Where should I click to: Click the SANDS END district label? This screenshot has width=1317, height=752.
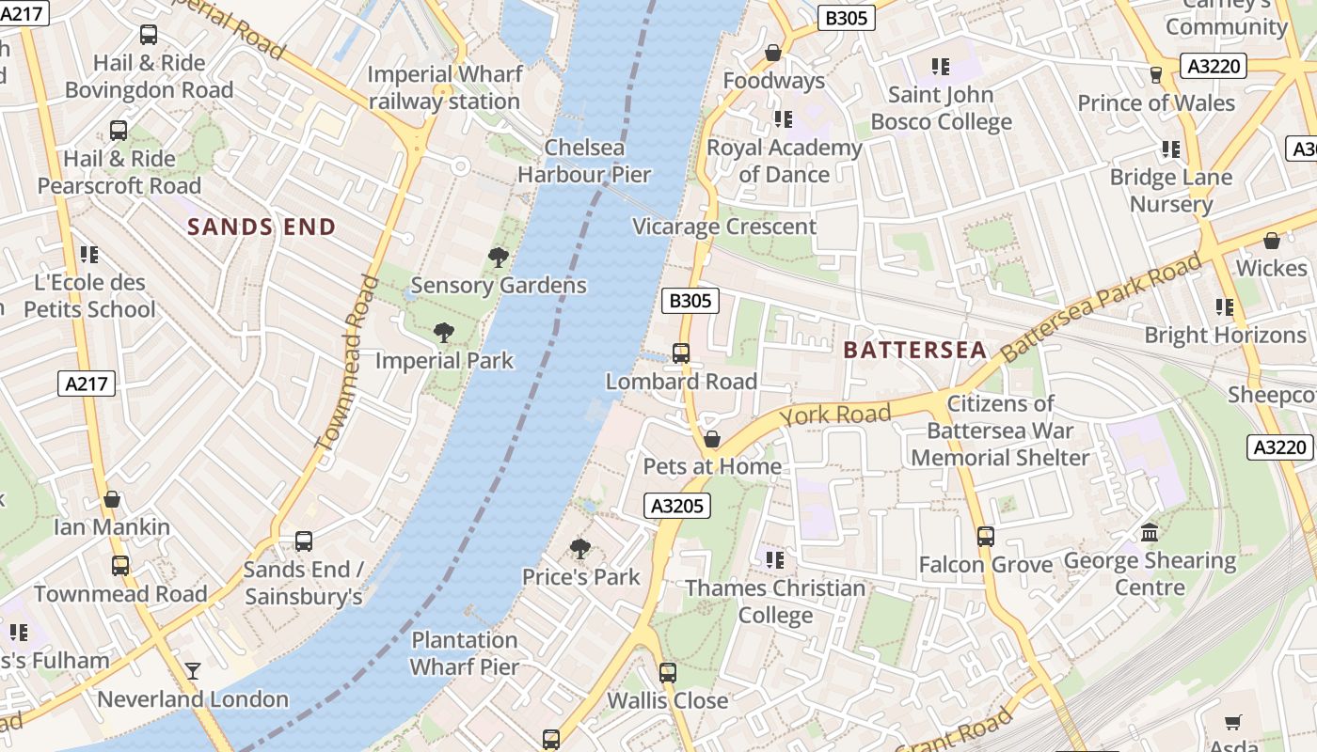point(261,227)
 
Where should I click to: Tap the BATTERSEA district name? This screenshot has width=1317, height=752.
point(914,351)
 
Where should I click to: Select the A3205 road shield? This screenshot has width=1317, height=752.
point(677,506)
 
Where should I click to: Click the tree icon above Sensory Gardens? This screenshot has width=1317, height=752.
point(499,258)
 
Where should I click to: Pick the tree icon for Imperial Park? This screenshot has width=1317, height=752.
point(443,332)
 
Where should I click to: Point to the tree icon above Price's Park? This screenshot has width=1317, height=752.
point(580,549)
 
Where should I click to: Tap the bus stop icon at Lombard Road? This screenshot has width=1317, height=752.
point(681,353)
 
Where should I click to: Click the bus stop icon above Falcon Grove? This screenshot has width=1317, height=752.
point(985,537)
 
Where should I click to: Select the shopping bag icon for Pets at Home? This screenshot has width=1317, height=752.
point(712,439)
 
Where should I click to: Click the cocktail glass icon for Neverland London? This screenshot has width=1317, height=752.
point(193,671)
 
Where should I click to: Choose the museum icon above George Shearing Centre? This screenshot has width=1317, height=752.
point(1150,533)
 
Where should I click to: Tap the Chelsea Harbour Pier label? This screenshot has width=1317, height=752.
point(584,161)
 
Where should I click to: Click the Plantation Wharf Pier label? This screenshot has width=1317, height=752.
point(465,653)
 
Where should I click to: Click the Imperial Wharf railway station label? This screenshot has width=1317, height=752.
point(444,87)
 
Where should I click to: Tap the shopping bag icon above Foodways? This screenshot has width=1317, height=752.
point(773,53)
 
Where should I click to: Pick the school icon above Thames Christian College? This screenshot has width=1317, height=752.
point(775,560)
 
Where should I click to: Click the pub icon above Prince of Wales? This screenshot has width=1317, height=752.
point(1156,74)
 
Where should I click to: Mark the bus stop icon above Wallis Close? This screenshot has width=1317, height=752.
point(668,673)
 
